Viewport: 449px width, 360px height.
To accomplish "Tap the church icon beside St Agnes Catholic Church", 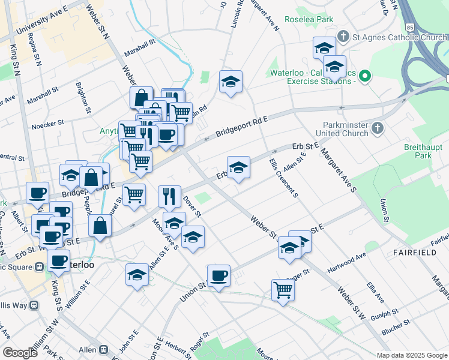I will pyautogui.click(x=343, y=36).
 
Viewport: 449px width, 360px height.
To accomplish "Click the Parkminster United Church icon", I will pyautogui.click(x=377, y=128).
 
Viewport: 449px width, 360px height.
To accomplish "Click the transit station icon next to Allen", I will pyautogui.click(x=104, y=349).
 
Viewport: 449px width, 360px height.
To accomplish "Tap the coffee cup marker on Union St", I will pyautogui.click(x=218, y=276).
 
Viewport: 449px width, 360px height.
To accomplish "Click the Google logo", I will pyautogui.click(x=20, y=353).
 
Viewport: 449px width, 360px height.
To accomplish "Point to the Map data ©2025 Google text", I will pyautogui.click(x=411, y=355).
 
